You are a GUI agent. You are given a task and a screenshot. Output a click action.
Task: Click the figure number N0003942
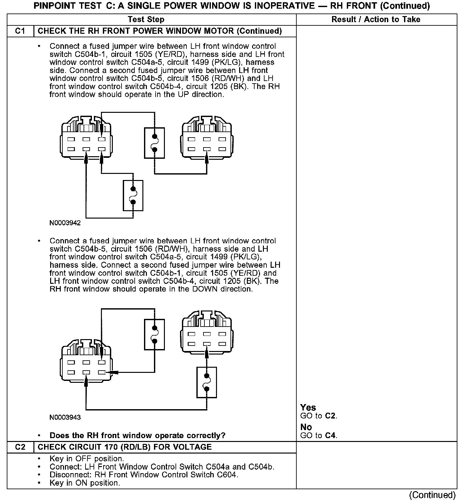click(x=65, y=223)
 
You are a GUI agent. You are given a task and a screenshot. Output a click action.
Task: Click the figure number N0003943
click(x=65, y=418)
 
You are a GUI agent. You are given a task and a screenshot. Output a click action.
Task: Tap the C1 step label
click(x=20, y=31)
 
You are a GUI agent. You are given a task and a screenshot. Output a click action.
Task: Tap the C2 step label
click(x=20, y=447)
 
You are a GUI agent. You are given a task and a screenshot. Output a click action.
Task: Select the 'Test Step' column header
click(x=146, y=20)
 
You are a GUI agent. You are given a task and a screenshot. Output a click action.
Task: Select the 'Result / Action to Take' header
click(x=376, y=20)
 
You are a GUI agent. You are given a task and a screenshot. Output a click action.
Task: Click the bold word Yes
click(x=308, y=408)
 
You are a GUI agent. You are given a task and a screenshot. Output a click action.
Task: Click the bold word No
click(x=306, y=427)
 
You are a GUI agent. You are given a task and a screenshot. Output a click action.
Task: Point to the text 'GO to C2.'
click(x=319, y=416)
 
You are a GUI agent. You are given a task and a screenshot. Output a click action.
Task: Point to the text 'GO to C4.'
click(x=319, y=436)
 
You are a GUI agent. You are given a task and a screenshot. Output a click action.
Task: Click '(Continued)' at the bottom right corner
click(x=433, y=495)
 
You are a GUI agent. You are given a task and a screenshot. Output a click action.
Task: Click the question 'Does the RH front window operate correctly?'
click(x=137, y=436)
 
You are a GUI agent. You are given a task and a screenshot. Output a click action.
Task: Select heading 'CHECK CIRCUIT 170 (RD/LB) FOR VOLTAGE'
click(x=125, y=447)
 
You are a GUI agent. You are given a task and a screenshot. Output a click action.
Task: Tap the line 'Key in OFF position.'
click(x=86, y=459)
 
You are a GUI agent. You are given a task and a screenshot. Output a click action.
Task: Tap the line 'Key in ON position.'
click(x=85, y=483)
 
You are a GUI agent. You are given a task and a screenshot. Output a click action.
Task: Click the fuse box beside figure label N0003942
click(x=133, y=195)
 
